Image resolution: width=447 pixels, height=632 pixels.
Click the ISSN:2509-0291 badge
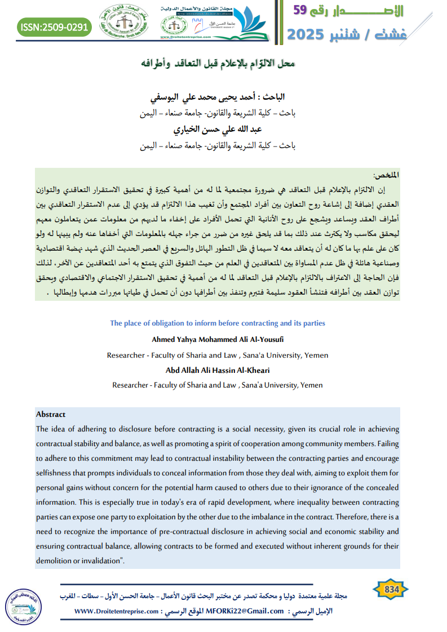(54, 26)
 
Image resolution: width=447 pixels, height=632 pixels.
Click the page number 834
(391, 590)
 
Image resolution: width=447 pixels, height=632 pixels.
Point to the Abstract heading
(51, 414)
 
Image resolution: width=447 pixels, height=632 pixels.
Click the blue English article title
(218, 323)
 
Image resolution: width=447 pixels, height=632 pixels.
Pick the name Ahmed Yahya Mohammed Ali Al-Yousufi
(218, 339)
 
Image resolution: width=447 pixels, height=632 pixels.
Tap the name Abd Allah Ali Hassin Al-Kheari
(218, 370)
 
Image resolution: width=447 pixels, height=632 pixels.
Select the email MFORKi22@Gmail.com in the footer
(245, 611)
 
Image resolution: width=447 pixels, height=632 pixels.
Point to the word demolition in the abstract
(55, 560)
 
